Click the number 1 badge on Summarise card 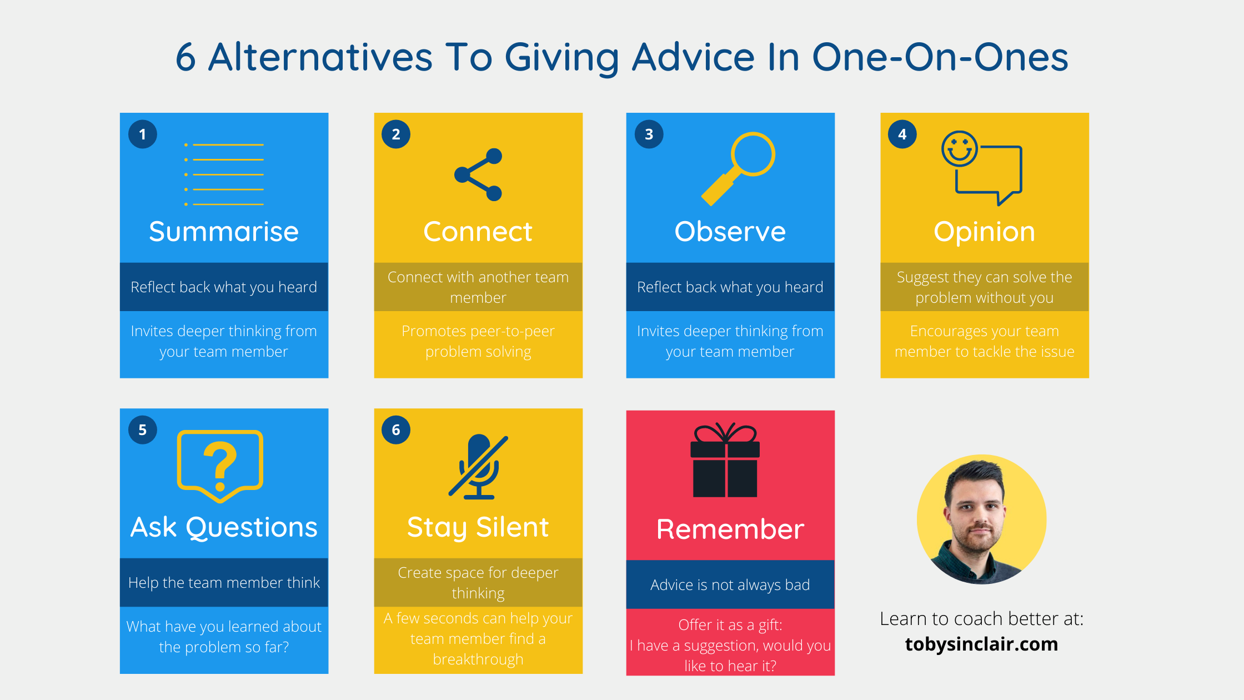pos(143,134)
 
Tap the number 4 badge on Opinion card pos(902,134)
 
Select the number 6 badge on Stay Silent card pos(396,430)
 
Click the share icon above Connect pos(478,174)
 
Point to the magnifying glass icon pos(738,169)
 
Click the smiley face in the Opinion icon pos(959,149)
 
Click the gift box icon pos(725,460)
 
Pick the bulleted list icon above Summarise pos(224,174)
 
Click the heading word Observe pos(730,232)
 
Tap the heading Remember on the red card pos(730,529)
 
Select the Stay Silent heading pos(478,528)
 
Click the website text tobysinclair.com pos(982,644)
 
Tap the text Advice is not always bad pos(730,585)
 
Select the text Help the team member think pos(224,583)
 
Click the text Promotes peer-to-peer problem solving pos(478,341)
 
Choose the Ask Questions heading pos(224,527)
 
